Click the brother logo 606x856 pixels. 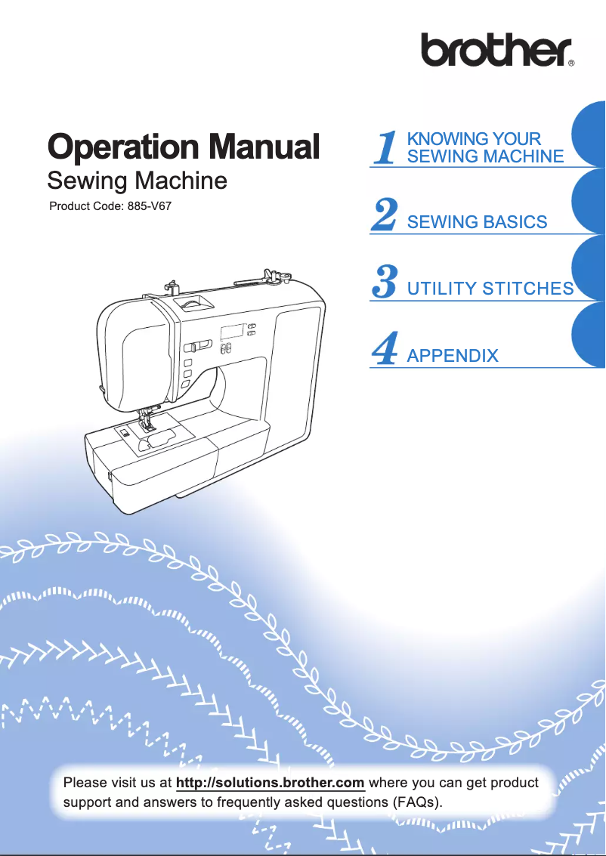(x=496, y=51)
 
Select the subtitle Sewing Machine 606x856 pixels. (x=137, y=181)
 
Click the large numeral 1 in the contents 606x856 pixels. (x=387, y=147)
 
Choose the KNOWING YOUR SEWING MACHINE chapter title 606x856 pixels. (x=484, y=147)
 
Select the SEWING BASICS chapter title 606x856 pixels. (x=477, y=222)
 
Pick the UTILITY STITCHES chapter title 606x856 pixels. (x=490, y=289)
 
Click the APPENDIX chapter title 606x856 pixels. (x=453, y=355)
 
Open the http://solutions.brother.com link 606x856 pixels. (x=270, y=781)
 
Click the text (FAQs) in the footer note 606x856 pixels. (x=415, y=801)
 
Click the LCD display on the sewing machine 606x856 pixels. (x=232, y=332)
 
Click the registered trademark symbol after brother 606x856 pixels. (x=571, y=64)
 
